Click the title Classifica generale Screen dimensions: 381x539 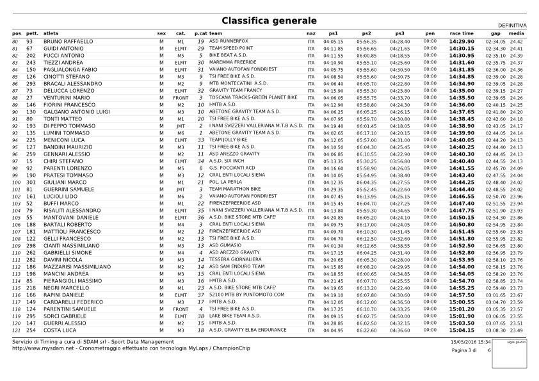269,21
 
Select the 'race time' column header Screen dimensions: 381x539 462,33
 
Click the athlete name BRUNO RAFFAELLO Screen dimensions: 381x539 68,42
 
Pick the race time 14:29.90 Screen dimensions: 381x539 462,42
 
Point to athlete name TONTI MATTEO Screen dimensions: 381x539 62,119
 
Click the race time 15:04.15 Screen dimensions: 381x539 462,330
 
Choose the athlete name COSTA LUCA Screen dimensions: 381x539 60,330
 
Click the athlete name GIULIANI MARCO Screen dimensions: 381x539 65,182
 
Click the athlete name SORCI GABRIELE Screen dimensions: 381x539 65,316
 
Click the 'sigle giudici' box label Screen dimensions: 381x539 517,343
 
